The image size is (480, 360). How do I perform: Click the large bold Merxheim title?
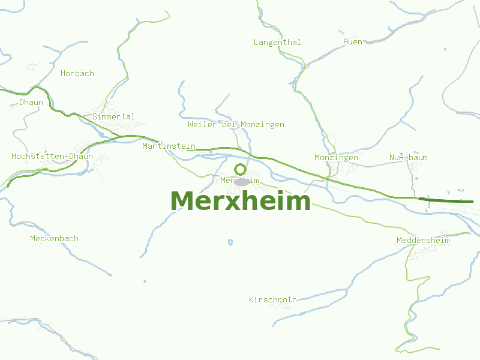[241, 201]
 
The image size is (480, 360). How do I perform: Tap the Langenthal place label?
[277, 42]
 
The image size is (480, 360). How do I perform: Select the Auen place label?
[353, 41]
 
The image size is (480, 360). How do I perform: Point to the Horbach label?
[77, 73]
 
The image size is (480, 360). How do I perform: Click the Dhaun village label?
[31, 102]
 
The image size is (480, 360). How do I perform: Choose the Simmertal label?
[113, 116]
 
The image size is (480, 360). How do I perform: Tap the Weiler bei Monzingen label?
[236, 124]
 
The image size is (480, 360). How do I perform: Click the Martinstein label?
[169, 146]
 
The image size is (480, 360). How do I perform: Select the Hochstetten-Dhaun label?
[52, 156]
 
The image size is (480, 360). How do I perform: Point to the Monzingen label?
[336, 157]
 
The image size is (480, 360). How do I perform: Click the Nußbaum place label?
[408, 157]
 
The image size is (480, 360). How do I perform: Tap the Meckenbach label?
[54, 238]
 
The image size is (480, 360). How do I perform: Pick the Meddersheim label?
[423, 240]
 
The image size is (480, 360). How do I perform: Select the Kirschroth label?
[273, 299]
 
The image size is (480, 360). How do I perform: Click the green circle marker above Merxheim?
[240, 169]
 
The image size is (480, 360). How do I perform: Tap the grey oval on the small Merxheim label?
[241, 181]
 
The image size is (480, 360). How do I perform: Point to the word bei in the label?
[229, 124]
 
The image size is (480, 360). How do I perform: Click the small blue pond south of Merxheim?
[230, 242]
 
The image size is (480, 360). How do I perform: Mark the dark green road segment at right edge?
[447, 200]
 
